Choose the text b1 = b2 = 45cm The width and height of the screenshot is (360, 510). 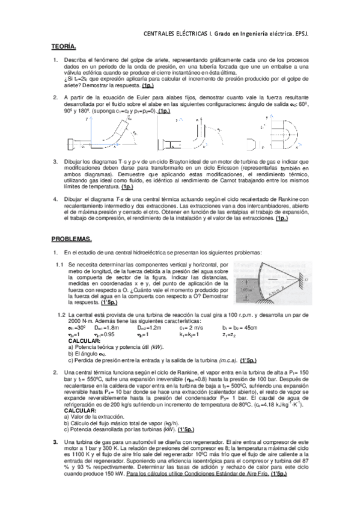point(240,327)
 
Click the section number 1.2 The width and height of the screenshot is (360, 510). point(61,315)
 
